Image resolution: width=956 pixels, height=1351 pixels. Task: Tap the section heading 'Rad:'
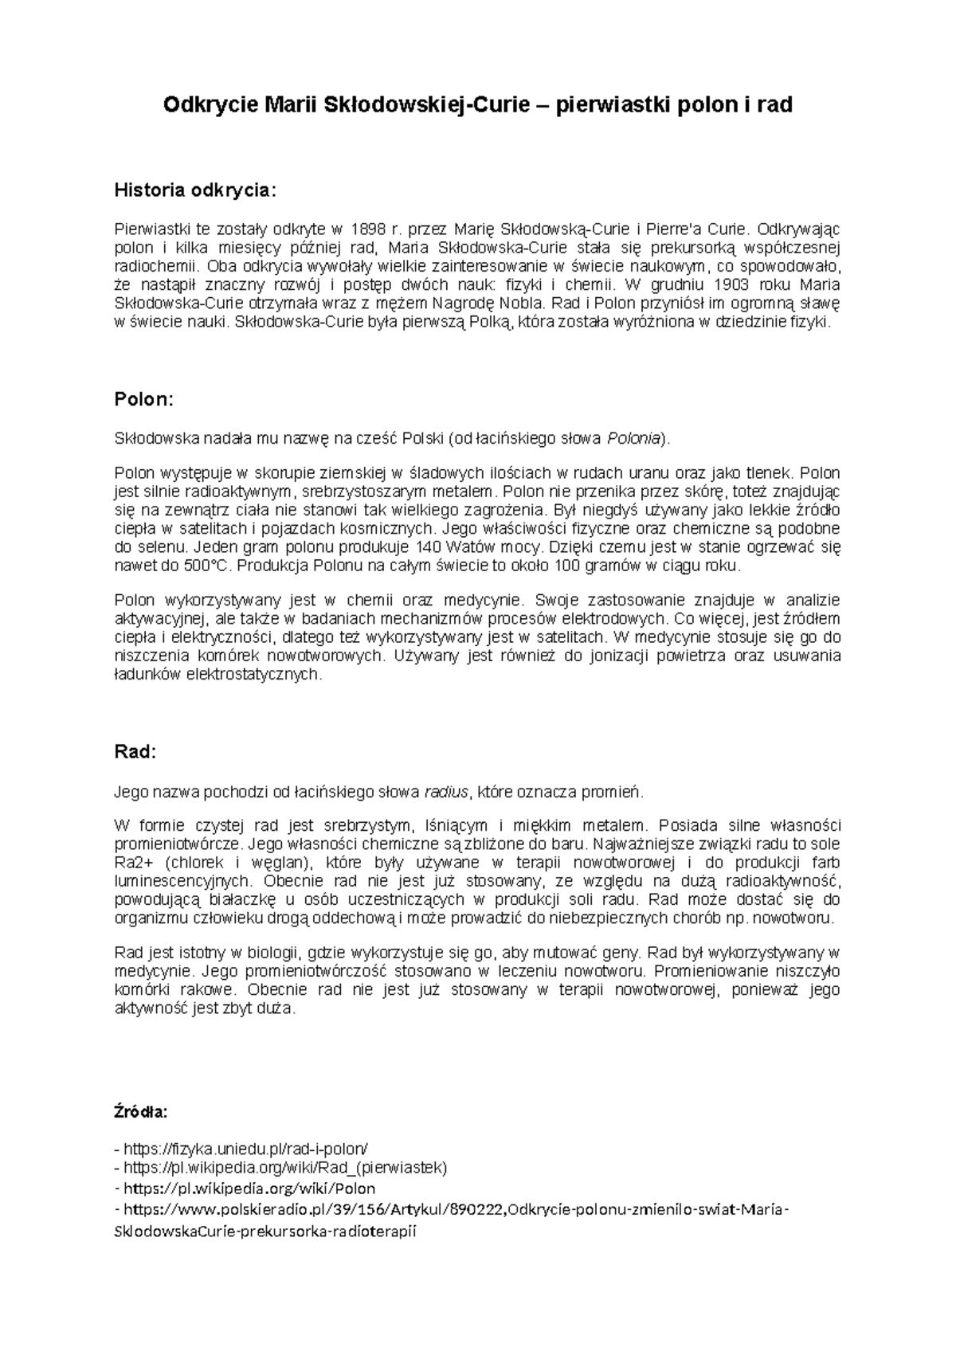click(136, 752)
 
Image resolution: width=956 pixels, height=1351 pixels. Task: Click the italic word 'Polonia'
click(634, 438)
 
